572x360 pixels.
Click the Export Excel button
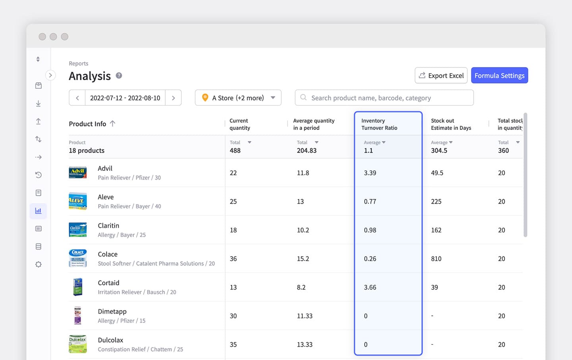point(441,75)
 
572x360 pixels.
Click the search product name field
point(384,98)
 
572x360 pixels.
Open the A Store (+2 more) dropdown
point(238,98)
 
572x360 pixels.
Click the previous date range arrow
point(77,98)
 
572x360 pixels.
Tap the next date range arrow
point(173,98)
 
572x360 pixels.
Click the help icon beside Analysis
point(119,75)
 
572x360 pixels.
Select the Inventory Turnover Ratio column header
point(379,124)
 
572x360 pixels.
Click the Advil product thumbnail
point(78,172)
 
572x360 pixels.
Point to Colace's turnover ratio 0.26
point(370,259)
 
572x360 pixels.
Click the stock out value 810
point(436,259)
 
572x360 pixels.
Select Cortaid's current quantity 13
point(233,287)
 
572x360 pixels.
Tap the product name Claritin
point(108,226)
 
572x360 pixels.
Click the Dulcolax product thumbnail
point(78,344)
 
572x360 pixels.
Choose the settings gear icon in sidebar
point(39,264)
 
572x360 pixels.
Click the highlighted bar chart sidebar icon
point(39,211)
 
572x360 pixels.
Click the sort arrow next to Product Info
point(113,124)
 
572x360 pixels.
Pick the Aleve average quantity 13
point(300,201)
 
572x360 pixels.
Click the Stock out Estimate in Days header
point(451,124)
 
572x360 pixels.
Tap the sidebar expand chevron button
point(50,75)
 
